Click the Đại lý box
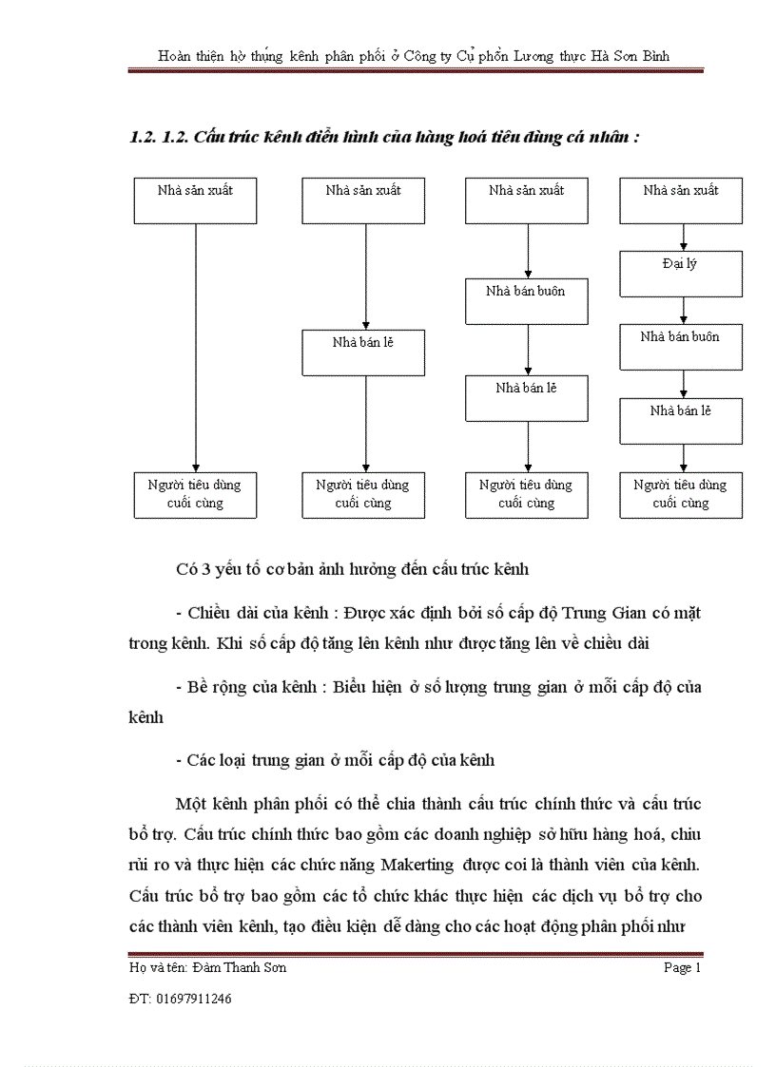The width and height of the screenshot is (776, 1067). coord(681,274)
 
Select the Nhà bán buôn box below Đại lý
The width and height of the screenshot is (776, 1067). coord(681,347)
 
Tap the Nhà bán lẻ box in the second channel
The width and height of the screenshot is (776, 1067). coord(363,352)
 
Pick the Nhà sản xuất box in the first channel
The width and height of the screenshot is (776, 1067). coord(195,200)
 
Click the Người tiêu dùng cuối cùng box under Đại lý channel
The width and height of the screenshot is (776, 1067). coord(681,494)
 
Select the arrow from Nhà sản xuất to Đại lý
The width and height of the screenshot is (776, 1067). coord(683,238)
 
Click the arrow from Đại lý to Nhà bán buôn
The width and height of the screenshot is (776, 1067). coord(683,310)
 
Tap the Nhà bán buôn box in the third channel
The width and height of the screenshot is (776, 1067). coord(526,301)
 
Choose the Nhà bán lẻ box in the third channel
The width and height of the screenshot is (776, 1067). coord(526,398)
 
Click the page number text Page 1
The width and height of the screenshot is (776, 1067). coord(682,968)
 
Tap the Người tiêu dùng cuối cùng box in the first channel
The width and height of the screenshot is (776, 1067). coord(195,494)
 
